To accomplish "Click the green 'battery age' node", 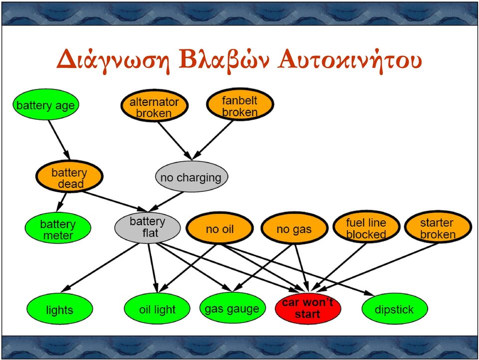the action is coord(46,105).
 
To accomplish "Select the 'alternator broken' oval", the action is coord(154,106).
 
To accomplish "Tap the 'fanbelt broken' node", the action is coord(240,104).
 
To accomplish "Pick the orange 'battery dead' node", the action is coord(69,176).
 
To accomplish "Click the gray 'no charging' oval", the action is coord(192,177).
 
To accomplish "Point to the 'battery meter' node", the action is coord(58,228).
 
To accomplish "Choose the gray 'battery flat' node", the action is coord(148,228).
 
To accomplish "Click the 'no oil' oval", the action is coord(220,228).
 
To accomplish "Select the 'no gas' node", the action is coord(294,228).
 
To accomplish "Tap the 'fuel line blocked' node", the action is coord(366,227).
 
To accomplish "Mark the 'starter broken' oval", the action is coord(438,227).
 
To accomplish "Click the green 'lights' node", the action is coord(59,309).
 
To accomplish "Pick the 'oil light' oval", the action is coord(157,309).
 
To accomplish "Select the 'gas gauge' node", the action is coord(232,308).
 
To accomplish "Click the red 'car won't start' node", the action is coord(308,309).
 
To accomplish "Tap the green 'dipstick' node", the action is coord(394,309).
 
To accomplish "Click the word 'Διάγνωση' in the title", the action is coord(113,60).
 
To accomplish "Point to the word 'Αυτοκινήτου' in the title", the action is coord(350,59).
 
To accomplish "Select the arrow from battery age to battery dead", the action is coord(59,140).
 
